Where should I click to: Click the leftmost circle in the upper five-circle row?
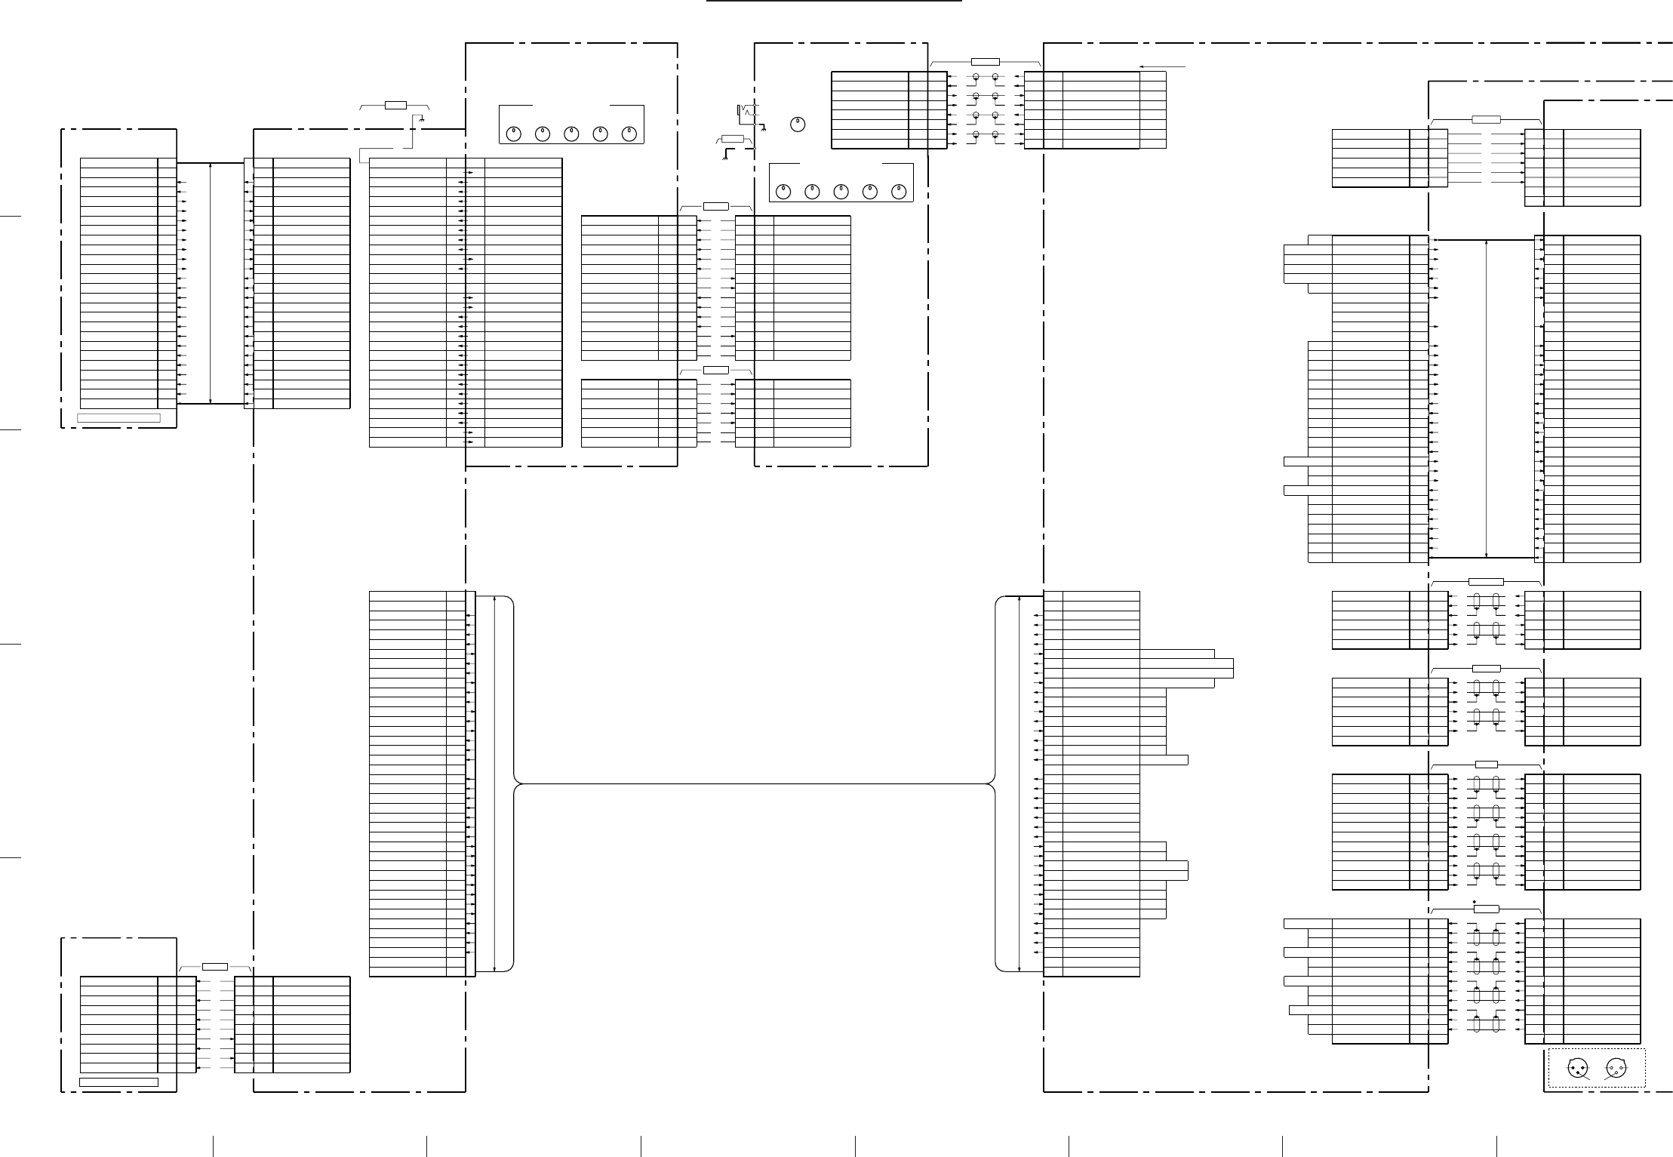coord(513,134)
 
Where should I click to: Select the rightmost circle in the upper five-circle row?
coord(629,134)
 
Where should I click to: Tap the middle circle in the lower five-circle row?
coord(841,192)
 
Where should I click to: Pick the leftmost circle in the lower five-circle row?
coord(783,192)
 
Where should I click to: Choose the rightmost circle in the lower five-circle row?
coord(898,192)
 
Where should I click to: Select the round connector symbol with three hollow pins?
coord(1615,1068)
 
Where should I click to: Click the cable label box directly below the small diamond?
coord(1486,908)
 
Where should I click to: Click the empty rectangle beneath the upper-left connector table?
coord(119,417)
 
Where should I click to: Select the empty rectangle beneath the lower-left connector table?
coord(118,1082)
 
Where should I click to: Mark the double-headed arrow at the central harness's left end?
coord(494,783)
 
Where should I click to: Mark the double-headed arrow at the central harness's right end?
coord(1019,783)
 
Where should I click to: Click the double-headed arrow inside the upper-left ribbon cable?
coord(211,283)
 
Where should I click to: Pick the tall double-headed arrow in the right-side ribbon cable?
coord(1486,398)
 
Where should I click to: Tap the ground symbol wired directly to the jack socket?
coord(764,129)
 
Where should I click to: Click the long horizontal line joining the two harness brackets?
coord(755,784)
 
